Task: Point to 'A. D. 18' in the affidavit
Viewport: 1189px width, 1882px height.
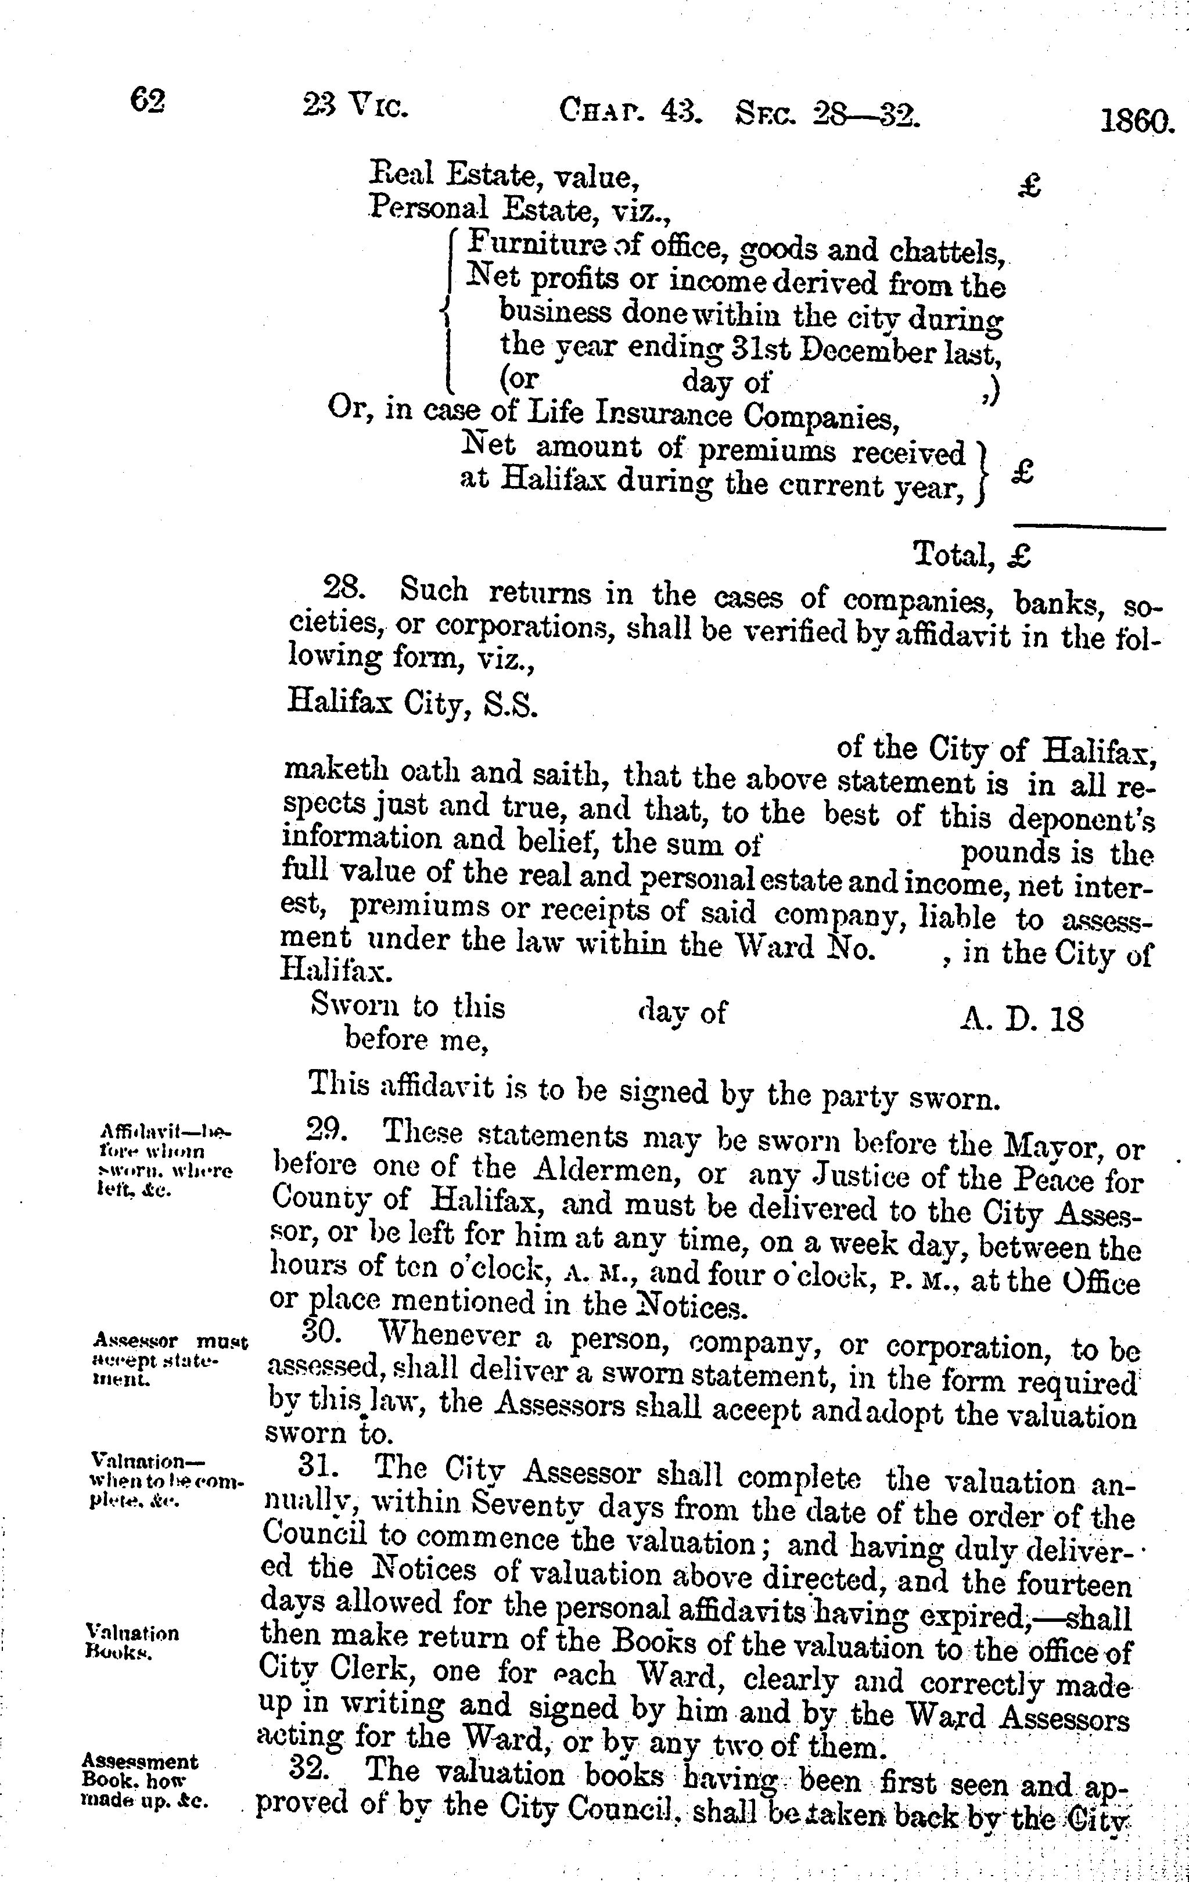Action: pyautogui.click(x=1022, y=1019)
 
